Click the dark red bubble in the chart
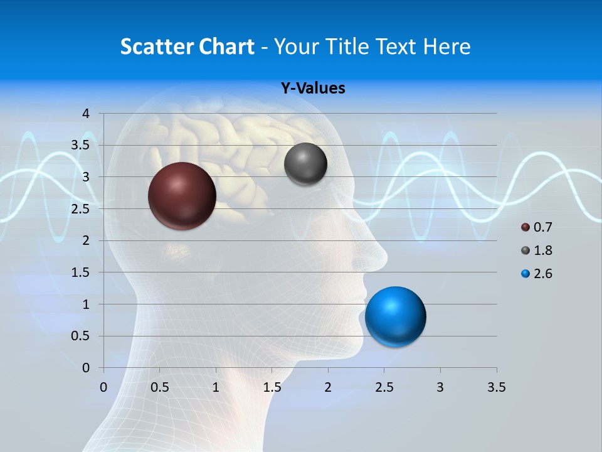coord(182,196)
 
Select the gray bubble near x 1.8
coord(305,164)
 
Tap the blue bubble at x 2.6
coord(395,316)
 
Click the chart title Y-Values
coord(312,89)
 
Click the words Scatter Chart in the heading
coord(187,46)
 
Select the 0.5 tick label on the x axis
coord(159,387)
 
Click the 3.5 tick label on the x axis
coord(496,387)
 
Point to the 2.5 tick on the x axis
coord(384,387)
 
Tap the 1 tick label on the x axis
coord(216,387)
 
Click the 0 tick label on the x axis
coord(103,387)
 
